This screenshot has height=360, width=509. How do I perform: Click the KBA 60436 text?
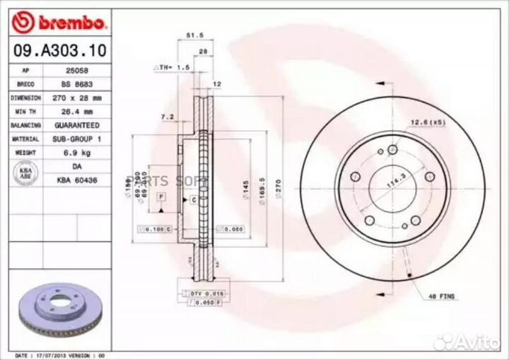click(x=76, y=181)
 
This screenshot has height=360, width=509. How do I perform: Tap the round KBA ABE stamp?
click(x=25, y=174)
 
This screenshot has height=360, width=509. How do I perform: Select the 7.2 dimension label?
click(x=167, y=116)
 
